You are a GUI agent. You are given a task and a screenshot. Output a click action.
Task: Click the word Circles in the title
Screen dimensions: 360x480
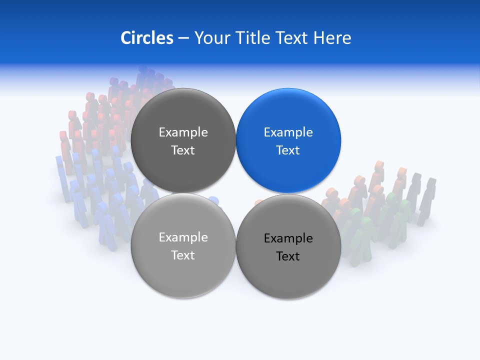click(146, 38)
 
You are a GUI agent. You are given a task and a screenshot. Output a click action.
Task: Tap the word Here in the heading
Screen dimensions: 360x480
click(332, 38)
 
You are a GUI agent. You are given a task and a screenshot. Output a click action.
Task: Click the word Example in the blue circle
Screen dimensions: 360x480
click(288, 132)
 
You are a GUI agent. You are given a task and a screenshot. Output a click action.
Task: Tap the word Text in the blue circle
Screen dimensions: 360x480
click(288, 150)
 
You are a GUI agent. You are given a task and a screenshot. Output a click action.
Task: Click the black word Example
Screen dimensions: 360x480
click(288, 238)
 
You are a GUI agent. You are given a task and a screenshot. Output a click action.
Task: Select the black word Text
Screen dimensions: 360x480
click(288, 256)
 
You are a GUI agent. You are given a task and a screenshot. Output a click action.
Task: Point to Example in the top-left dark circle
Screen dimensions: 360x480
click(183, 132)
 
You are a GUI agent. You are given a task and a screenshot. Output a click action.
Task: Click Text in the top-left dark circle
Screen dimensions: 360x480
click(183, 150)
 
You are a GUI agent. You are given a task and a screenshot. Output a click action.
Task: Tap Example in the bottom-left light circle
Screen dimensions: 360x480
click(183, 237)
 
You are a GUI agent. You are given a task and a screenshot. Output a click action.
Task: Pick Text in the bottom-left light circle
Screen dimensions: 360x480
click(183, 255)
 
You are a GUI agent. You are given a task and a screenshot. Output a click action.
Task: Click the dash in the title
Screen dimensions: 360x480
click(183, 38)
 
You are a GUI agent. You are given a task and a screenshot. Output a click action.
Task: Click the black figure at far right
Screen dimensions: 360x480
click(427, 200)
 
